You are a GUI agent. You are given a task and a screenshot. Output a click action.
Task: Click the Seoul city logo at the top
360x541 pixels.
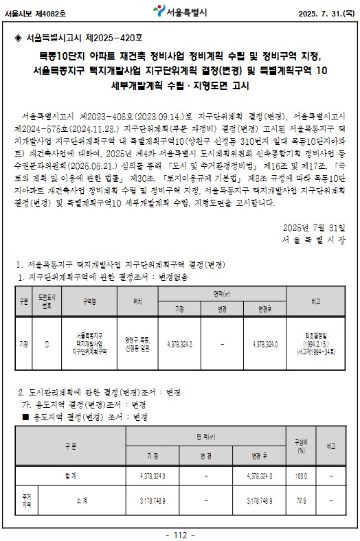coord(157,12)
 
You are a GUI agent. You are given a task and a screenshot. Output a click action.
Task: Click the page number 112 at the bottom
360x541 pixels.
coord(180,535)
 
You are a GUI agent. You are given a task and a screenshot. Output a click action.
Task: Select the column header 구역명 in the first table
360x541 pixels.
coord(89,301)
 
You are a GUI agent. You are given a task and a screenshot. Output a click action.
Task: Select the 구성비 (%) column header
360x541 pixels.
coord(300,446)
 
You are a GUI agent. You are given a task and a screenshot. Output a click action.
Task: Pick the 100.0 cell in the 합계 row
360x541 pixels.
coord(300,475)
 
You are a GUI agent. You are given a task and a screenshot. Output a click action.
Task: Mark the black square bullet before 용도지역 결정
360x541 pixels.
coord(26,416)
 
